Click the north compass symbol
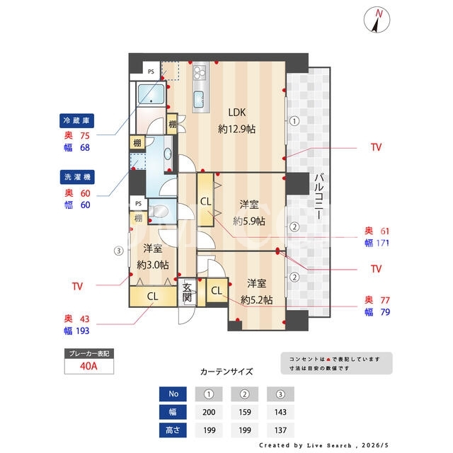click(x=377, y=20)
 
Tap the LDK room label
click(x=237, y=113)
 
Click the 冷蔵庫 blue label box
click(x=76, y=120)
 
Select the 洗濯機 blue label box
click(x=77, y=177)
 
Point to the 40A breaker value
click(x=88, y=366)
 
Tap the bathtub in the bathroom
click(x=151, y=94)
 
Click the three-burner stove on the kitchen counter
click(x=200, y=72)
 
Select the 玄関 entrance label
click(x=187, y=292)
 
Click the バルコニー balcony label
click(x=319, y=196)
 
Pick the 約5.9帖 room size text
click(x=249, y=222)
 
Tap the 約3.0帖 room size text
click(x=153, y=265)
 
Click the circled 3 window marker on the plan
click(x=118, y=251)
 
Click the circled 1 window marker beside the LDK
click(x=294, y=121)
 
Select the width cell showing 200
click(x=209, y=412)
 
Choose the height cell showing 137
click(x=280, y=430)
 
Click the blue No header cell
click(x=173, y=394)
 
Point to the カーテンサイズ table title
click(x=226, y=372)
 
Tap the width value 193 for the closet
click(x=82, y=331)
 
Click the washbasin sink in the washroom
click(x=168, y=154)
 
